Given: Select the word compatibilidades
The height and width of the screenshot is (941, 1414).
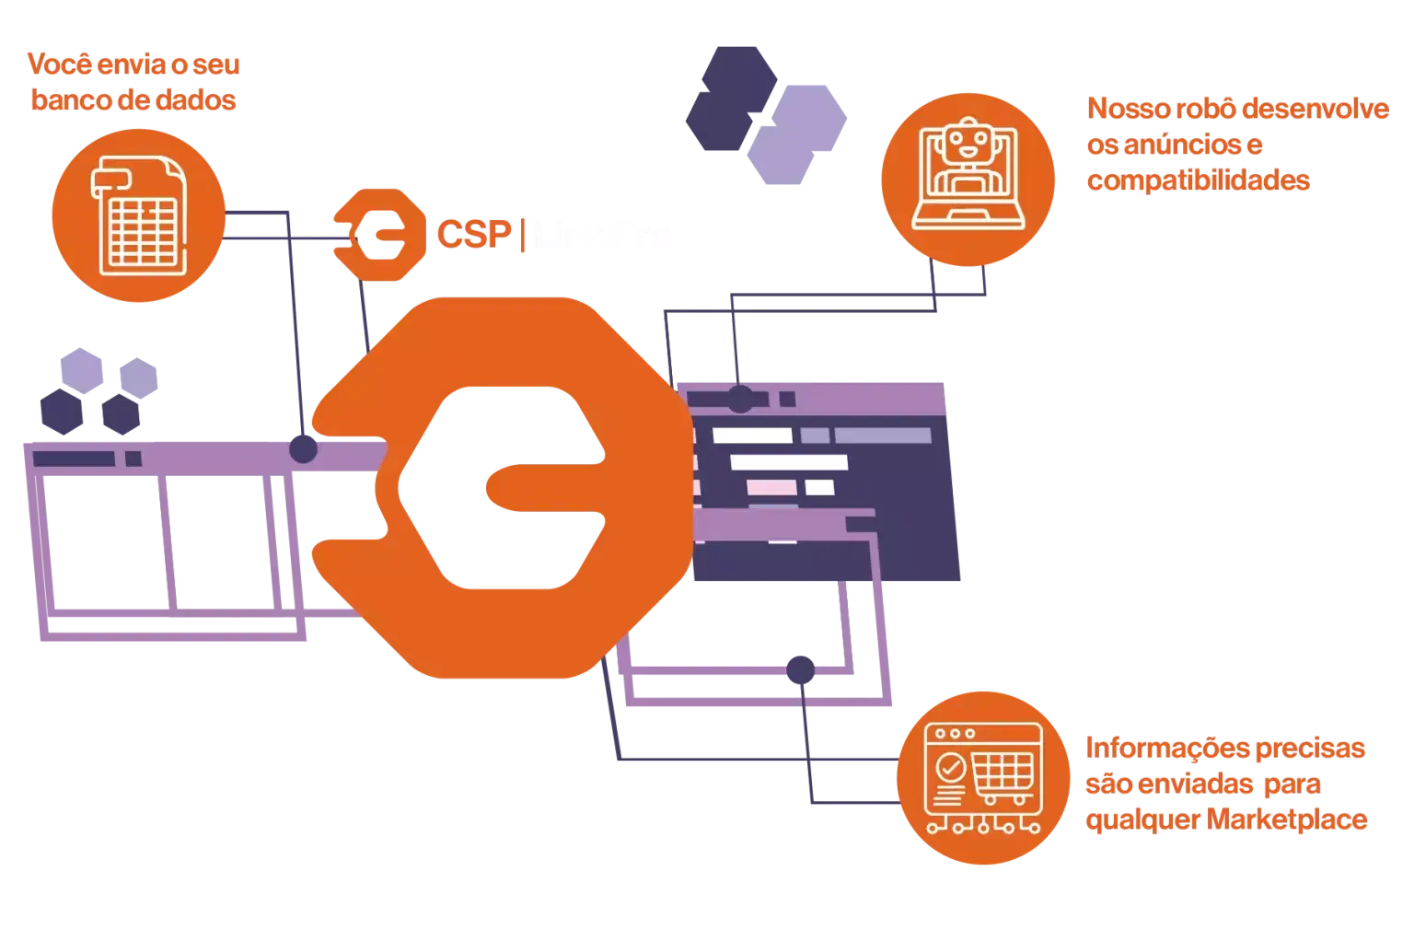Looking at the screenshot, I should (x=1197, y=180).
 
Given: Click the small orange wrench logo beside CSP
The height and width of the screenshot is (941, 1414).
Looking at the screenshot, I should (x=370, y=237).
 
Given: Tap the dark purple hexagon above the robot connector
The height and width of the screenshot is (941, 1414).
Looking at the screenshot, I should (x=733, y=98).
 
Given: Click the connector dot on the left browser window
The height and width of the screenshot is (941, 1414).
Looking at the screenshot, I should (x=303, y=450).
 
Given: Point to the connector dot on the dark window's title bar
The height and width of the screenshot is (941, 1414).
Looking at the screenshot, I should (x=739, y=399).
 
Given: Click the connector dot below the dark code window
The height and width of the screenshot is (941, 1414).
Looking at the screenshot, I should (x=800, y=669).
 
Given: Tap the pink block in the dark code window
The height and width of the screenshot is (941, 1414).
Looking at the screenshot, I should (x=763, y=487).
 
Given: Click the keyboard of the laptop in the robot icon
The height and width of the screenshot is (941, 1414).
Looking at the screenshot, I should (x=966, y=219).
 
